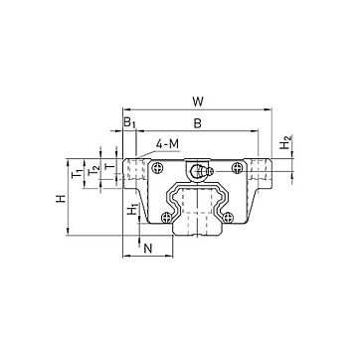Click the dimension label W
point(198,101)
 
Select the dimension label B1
point(129,122)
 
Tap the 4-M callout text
point(167,144)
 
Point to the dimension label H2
point(285,142)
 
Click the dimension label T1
point(78,173)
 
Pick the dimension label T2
point(94,170)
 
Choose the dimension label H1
point(133,210)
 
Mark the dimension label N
point(148,248)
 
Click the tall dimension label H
point(61,199)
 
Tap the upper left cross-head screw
point(157,168)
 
